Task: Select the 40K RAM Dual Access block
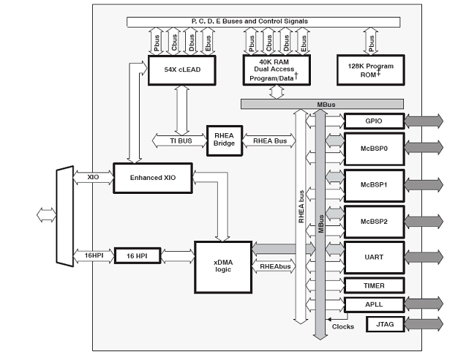(x=276, y=70)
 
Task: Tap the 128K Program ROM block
(x=371, y=70)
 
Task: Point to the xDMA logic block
(x=222, y=266)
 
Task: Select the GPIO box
(x=373, y=121)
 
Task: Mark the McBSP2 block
(x=373, y=220)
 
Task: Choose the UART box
(x=373, y=257)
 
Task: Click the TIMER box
(x=373, y=285)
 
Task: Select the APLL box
(x=373, y=304)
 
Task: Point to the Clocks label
(x=342, y=326)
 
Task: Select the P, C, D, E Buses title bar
(x=249, y=21)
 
